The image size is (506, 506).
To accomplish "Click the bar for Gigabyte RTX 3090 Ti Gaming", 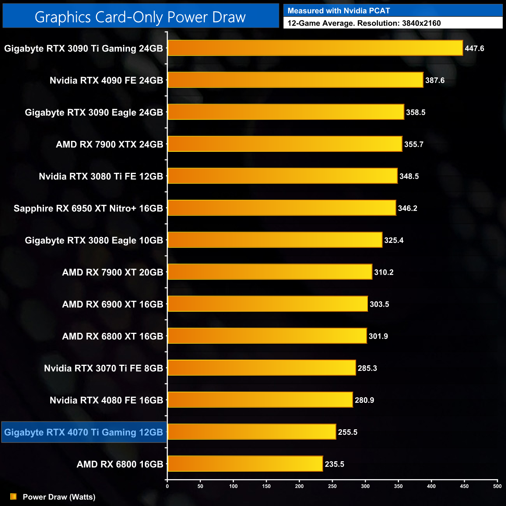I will pyautogui.click(x=315, y=48).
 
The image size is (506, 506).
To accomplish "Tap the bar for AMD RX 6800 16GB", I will pyautogui.click(x=245, y=464).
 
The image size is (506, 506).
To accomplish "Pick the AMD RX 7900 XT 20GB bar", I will pyautogui.click(x=270, y=272).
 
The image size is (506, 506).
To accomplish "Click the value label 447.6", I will pyautogui.click(x=474, y=49).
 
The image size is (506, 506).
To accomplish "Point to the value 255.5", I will pyautogui.click(x=347, y=432).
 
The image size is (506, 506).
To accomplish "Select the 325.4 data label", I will pyautogui.click(x=394, y=241).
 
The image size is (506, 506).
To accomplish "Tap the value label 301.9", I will pyautogui.click(x=378, y=336).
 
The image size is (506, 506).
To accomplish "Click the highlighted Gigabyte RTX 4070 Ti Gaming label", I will pyautogui.click(x=84, y=432).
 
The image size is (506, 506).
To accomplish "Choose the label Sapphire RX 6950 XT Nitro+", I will pyautogui.click(x=88, y=209).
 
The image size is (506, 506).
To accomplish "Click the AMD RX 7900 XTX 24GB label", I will pyautogui.click(x=109, y=144).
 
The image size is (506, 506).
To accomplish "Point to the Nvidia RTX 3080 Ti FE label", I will pyautogui.click(x=101, y=177).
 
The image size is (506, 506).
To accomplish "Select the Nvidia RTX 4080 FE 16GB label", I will pyautogui.click(x=106, y=401).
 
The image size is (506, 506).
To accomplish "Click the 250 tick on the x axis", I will pyautogui.click(x=332, y=486).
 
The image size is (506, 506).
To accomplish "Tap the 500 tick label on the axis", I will pyautogui.click(x=497, y=486).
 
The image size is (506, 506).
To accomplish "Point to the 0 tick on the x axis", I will pyautogui.click(x=167, y=486).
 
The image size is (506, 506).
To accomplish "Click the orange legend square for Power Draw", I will pyautogui.click(x=13, y=497).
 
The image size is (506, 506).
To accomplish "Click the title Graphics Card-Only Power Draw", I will pyautogui.click(x=140, y=17).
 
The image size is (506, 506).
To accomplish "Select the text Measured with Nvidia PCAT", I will pyautogui.click(x=339, y=11).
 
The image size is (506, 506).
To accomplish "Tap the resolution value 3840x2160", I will pyautogui.click(x=421, y=23).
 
